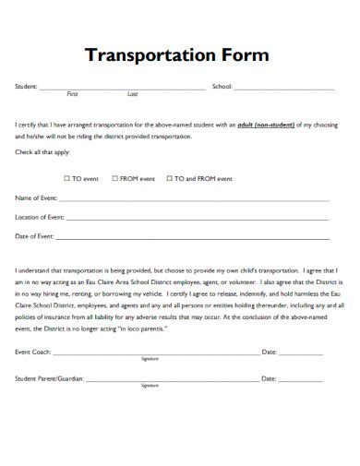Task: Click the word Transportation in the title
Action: (147, 55)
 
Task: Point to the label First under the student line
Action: (73, 95)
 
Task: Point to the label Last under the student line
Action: (132, 95)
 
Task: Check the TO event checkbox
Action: (67, 178)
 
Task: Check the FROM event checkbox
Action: (115, 178)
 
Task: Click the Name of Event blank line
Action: (194, 199)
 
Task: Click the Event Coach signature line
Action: (156, 353)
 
